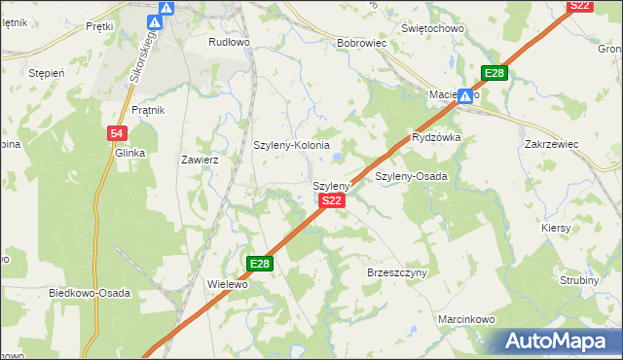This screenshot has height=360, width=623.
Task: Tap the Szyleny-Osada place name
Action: pos(411,177)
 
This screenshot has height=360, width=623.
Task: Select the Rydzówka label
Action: pos(436,138)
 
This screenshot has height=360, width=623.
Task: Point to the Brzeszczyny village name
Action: pos(397,273)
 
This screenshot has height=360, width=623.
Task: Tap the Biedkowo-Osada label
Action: pos(89,293)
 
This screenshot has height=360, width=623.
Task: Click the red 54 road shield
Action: pos(116,133)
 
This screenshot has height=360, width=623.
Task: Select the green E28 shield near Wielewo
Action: pos(259,264)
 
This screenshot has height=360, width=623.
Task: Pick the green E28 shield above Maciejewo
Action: pos(495,74)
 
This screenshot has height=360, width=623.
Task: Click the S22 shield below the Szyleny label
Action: pos(331,200)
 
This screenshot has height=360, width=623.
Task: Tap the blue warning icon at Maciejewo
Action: pos(466,96)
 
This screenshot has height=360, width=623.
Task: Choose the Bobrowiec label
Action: pos(362,44)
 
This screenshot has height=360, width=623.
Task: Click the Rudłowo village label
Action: pos(230,43)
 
